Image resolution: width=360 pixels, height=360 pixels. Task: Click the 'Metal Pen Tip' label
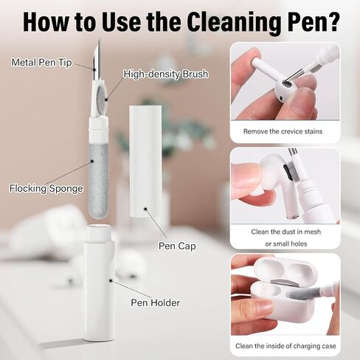click(41, 62)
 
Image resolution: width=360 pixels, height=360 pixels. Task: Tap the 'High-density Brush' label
click(166, 74)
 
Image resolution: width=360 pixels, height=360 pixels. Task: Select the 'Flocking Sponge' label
click(46, 188)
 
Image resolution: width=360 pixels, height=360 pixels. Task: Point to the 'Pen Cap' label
click(177, 246)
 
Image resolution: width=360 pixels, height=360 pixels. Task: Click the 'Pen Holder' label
click(155, 302)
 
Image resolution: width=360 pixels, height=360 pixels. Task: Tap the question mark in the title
click(331, 21)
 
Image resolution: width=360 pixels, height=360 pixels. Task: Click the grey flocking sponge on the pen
click(99, 181)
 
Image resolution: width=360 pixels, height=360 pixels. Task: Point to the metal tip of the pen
click(97, 59)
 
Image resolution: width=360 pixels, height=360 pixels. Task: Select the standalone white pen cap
click(145, 162)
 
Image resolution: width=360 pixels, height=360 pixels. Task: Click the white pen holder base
click(99, 283)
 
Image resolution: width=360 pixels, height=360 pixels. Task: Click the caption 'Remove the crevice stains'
click(283, 131)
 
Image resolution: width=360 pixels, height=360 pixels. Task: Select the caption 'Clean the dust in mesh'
click(286, 232)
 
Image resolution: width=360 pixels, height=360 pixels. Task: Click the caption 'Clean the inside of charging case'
click(285, 346)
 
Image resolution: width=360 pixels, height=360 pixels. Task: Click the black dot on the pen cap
click(145, 209)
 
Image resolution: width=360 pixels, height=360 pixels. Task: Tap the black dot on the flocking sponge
click(92, 161)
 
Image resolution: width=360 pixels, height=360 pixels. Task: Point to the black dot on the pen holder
click(111, 280)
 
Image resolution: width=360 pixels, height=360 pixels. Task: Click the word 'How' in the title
click(46, 22)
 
